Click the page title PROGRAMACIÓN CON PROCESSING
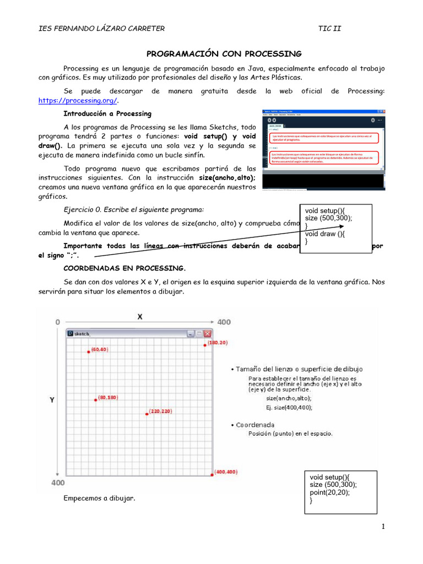[224, 53]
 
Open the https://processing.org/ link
[78, 101]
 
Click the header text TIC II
[329, 29]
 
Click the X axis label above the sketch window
[139, 317]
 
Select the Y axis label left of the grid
[52, 401]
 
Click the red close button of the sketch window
[207, 333]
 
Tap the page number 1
[382, 527]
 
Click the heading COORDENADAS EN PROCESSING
[124, 268]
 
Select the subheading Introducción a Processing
[107, 113]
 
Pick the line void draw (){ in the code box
[325, 234]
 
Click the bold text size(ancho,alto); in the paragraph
[227, 178]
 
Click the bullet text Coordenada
[255, 425]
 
